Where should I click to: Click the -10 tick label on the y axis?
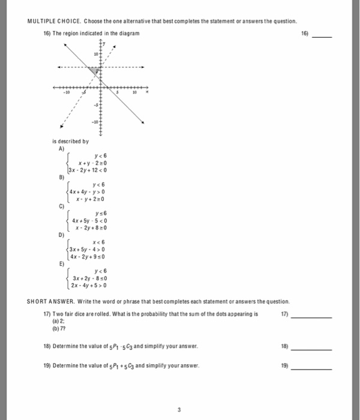(x=94, y=122)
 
